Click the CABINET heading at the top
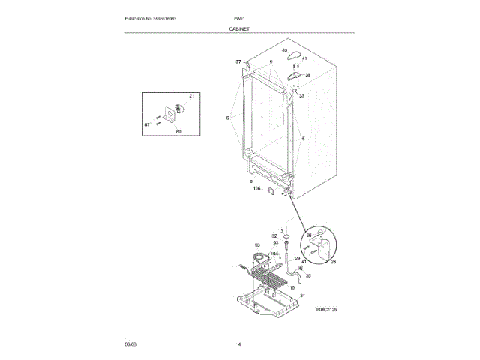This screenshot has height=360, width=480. click(x=239, y=28)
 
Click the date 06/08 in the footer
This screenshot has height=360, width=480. click(x=130, y=344)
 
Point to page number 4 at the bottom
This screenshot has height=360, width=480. click(x=239, y=344)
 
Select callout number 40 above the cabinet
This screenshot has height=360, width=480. click(x=285, y=50)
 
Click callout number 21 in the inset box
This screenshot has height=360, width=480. click(x=191, y=96)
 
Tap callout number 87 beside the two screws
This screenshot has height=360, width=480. click(x=147, y=124)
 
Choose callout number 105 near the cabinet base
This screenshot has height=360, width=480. click(x=256, y=190)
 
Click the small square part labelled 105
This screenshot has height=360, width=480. click(x=270, y=191)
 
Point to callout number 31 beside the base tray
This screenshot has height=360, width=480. click(x=303, y=296)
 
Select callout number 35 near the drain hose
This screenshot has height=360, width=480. click(x=307, y=275)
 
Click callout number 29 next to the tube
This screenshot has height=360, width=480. click(x=298, y=258)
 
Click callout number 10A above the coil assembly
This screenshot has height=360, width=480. click(x=274, y=254)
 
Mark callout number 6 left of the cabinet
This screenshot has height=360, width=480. click(x=226, y=118)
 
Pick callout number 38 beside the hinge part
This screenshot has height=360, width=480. click(x=307, y=75)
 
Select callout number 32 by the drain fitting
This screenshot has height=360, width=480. click(x=274, y=235)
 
